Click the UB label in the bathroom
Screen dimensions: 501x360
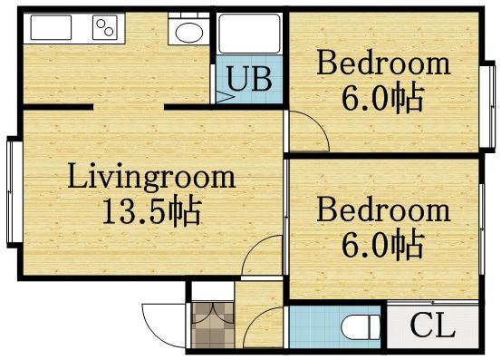point(249,78)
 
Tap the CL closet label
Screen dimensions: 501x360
point(433,325)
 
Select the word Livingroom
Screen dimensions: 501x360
point(151,178)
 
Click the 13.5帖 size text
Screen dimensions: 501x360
point(152,211)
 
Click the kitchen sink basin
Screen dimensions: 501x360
point(51,27)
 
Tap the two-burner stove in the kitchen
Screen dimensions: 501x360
point(105,27)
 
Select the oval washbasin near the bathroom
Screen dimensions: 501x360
point(189,34)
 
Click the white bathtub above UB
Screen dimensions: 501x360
point(249,34)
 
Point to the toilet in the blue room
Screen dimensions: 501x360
point(361,327)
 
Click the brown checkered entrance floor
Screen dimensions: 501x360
point(213,325)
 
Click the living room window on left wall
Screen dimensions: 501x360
point(14,192)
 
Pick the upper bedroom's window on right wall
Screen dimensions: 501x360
point(487,106)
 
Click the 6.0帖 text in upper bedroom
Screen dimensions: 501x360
point(383,98)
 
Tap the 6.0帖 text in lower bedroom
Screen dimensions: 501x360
point(383,245)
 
